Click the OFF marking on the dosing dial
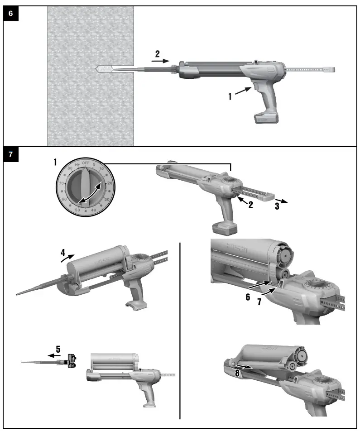coord(86,163)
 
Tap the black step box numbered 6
coord(11,14)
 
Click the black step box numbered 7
coord(11,155)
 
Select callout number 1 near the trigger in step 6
coord(230,96)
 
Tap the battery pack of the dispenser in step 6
coord(267,118)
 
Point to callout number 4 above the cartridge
coord(63,254)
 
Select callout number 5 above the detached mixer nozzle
coord(58,350)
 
